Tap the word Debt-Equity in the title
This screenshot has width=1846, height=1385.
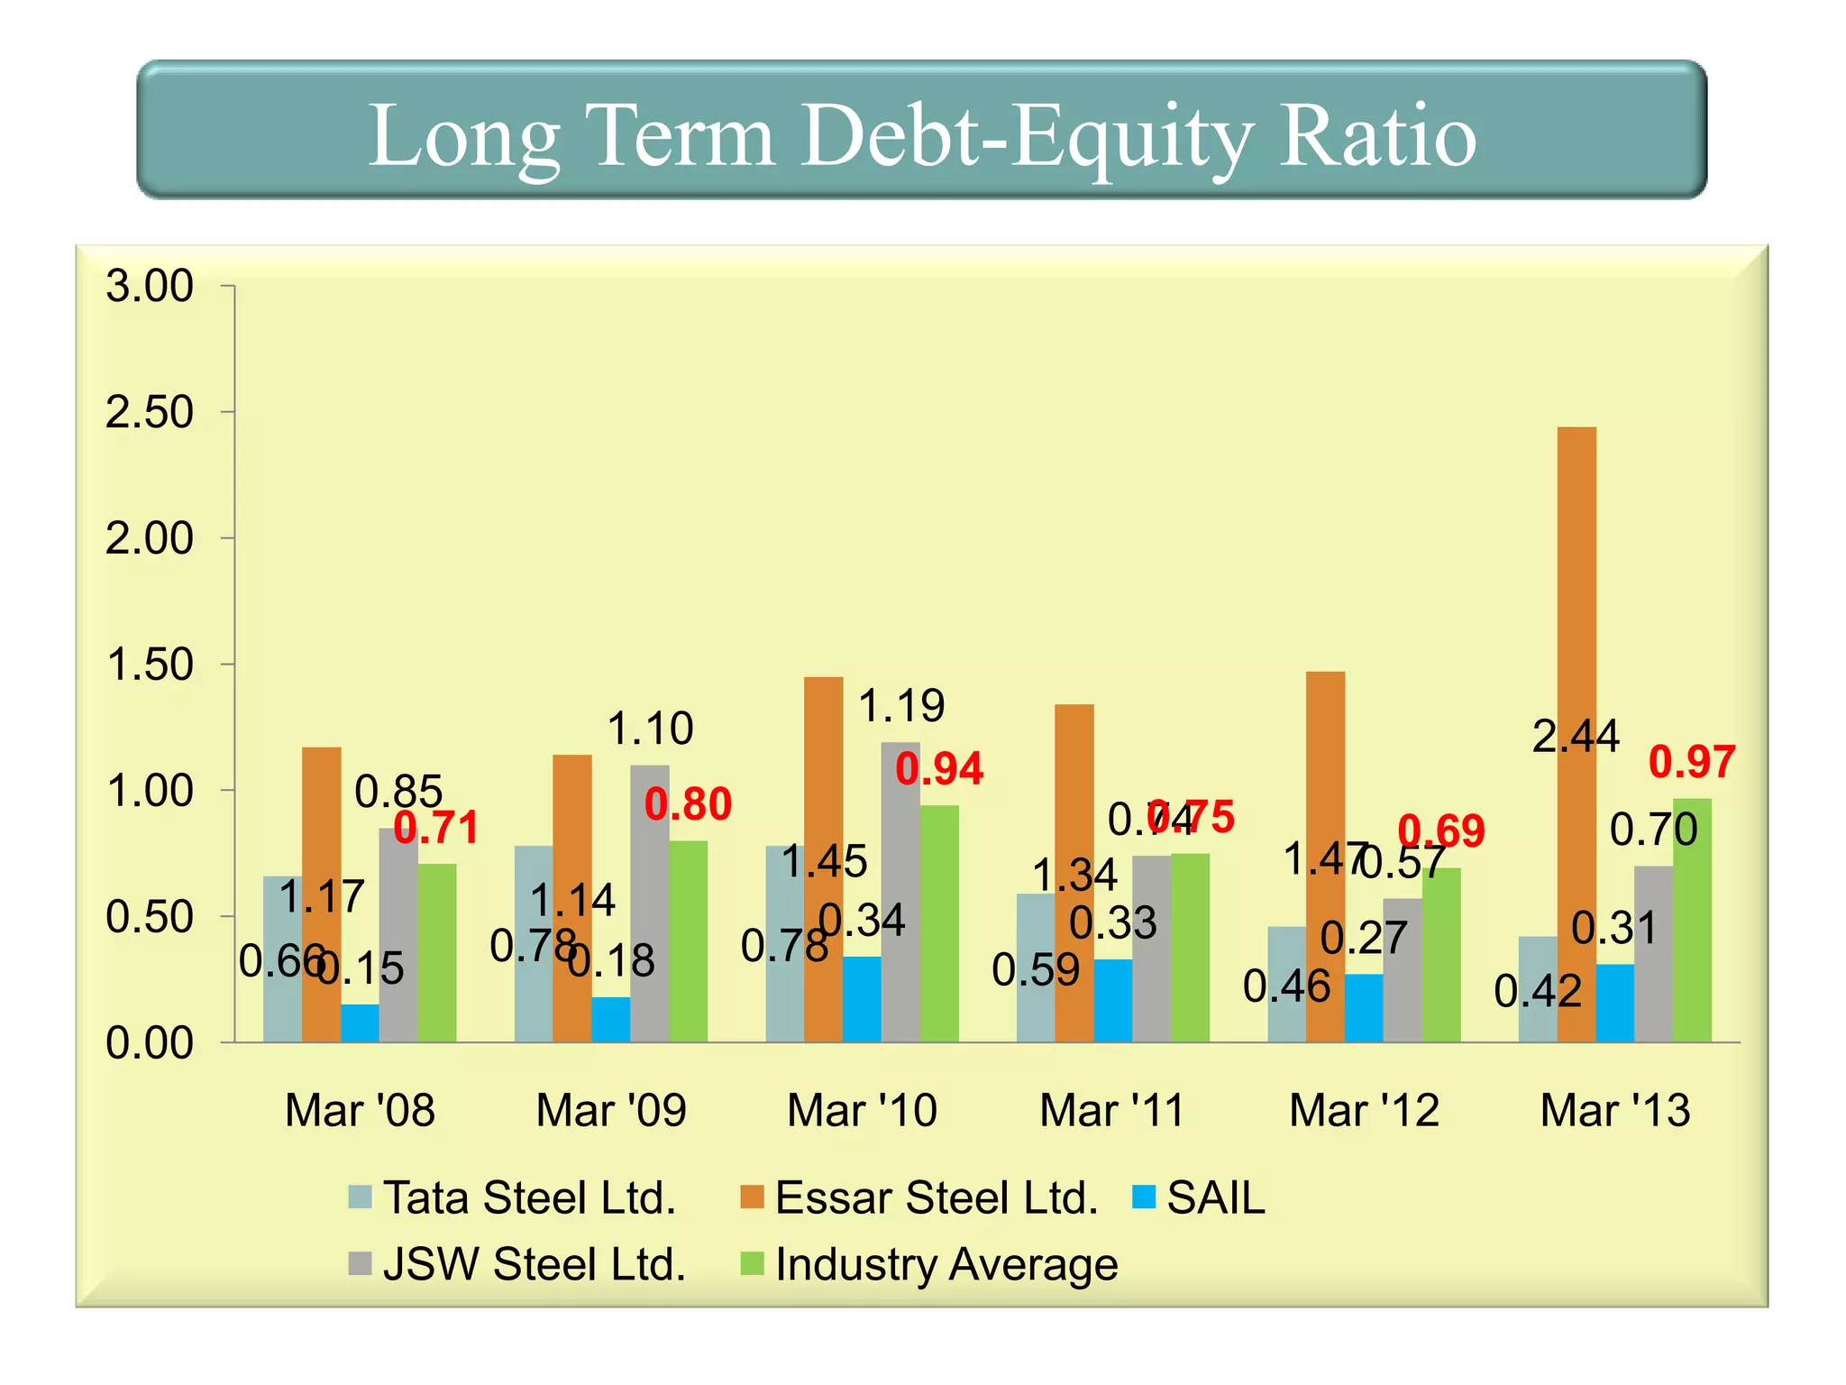tap(1028, 135)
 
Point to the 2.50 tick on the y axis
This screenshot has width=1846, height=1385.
tap(150, 412)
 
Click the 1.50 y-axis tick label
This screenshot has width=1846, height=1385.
tap(150, 665)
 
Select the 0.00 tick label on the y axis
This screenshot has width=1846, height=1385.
tap(150, 1043)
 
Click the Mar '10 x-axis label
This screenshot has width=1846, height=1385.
tap(862, 1110)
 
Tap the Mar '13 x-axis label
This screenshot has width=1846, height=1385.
tap(1614, 1110)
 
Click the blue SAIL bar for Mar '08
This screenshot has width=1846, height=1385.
tap(360, 1023)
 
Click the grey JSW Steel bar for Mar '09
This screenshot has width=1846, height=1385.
tap(650, 902)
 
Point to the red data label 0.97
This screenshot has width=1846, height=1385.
tap(1691, 762)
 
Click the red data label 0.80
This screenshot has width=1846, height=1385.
tap(688, 804)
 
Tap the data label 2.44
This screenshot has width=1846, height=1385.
tap(1576, 737)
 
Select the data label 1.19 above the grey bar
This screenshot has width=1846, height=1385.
tap(900, 705)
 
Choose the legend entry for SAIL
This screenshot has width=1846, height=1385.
tap(1199, 1197)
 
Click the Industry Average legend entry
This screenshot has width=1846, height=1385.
tap(928, 1263)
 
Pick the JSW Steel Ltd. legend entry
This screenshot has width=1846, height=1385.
tap(518, 1263)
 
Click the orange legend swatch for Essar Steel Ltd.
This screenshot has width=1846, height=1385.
tap(752, 1197)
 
